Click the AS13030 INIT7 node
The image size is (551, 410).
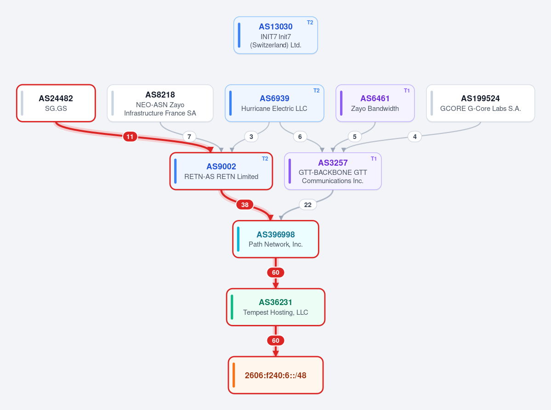tap(276, 35)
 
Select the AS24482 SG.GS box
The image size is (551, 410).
tap(56, 103)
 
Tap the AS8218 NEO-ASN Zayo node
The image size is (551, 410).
tap(160, 103)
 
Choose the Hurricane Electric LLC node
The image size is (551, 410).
tap(274, 103)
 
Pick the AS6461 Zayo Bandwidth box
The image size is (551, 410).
tap(375, 103)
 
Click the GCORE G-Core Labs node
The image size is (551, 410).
tap(480, 103)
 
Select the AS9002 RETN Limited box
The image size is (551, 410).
tap(221, 171)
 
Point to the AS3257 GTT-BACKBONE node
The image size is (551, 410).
tap(333, 171)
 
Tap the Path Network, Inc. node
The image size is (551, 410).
tap(276, 239)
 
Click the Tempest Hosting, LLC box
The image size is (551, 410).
tap(276, 307)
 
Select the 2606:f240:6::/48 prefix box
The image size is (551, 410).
tap(276, 375)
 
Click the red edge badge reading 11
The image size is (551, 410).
tap(130, 137)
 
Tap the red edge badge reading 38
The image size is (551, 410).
tap(245, 204)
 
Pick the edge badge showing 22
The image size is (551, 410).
tap(308, 204)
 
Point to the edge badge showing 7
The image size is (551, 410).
tap(189, 137)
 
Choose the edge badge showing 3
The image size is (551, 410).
tap(251, 137)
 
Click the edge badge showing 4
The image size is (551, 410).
tap(415, 137)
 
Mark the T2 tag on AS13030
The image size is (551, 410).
tap(310, 23)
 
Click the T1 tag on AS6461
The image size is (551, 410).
tap(407, 91)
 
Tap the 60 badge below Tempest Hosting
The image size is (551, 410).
tap(276, 341)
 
